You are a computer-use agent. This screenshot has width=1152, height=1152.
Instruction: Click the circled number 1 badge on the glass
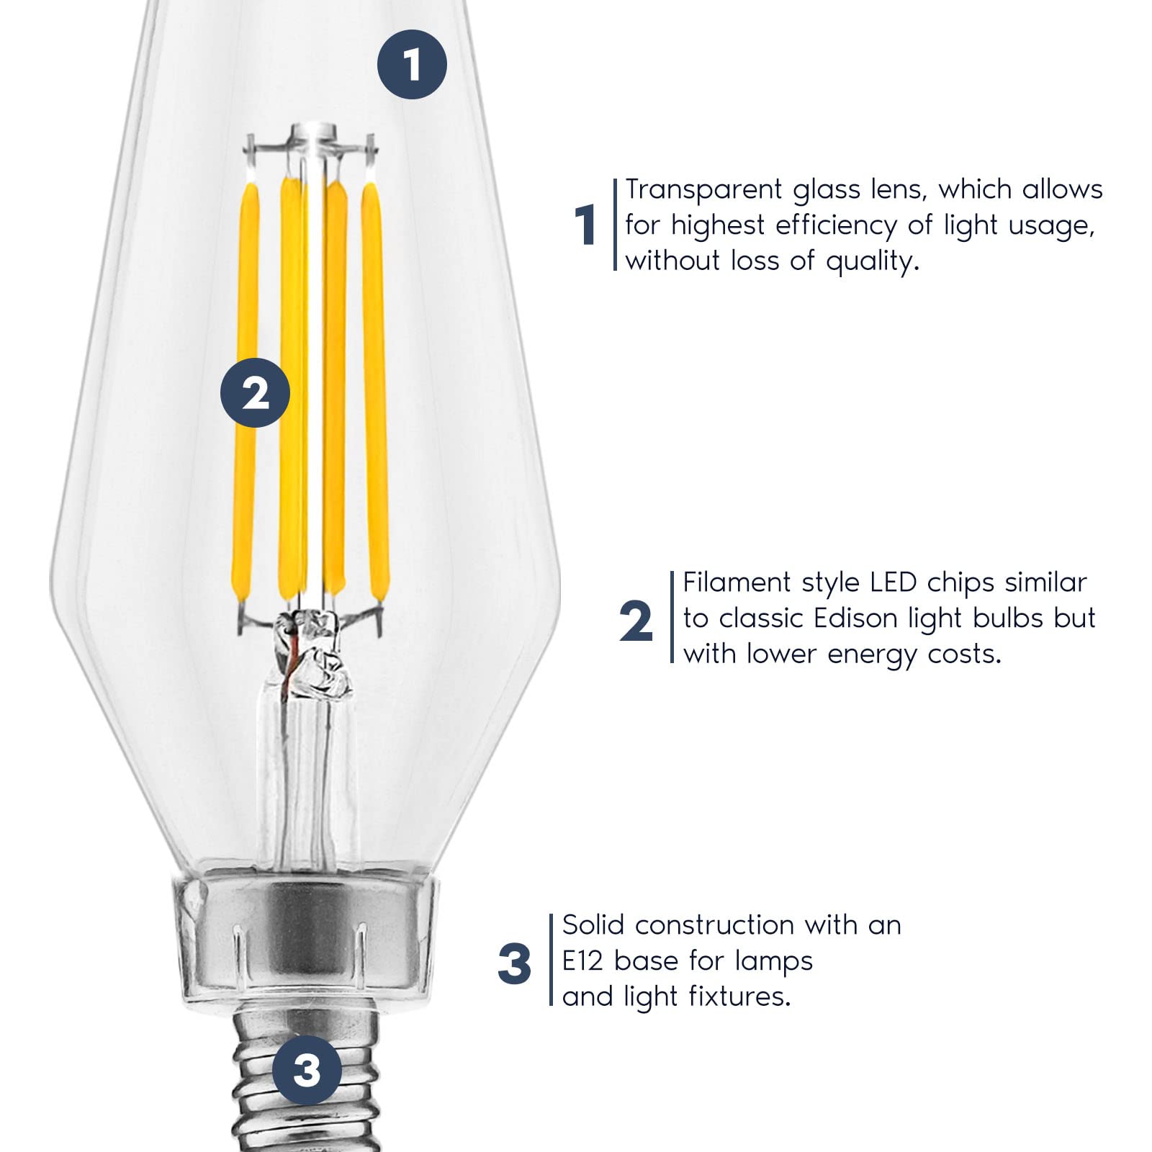[412, 65]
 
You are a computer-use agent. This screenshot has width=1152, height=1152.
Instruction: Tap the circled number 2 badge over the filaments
[255, 393]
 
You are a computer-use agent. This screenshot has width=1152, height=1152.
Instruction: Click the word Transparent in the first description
[703, 189]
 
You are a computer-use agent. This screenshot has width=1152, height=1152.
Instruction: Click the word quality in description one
[873, 261]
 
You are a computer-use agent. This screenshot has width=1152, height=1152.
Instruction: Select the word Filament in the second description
[737, 582]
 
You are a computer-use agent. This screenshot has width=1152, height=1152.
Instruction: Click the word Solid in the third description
[594, 924]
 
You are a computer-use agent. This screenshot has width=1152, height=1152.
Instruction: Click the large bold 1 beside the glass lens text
[585, 225]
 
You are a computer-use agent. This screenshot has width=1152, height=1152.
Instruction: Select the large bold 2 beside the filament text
[636, 621]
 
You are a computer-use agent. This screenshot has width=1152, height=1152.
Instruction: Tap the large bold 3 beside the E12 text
[514, 965]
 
